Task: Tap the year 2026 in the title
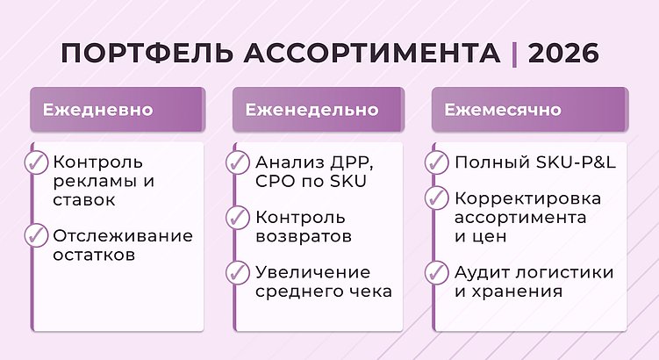(x=564, y=53)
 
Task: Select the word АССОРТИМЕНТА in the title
(x=373, y=53)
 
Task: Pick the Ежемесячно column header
(x=502, y=111)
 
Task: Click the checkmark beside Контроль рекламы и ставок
(x=36, y=163)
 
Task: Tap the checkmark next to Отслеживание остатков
(x=36, y=235)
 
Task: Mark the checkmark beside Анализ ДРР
(x=237, y=163)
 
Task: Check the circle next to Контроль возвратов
(x=237, y=217)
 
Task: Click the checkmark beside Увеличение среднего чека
(x=237, y=272)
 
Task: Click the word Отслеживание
(x=122, y=236)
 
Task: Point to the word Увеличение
(x=312, y=272)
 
